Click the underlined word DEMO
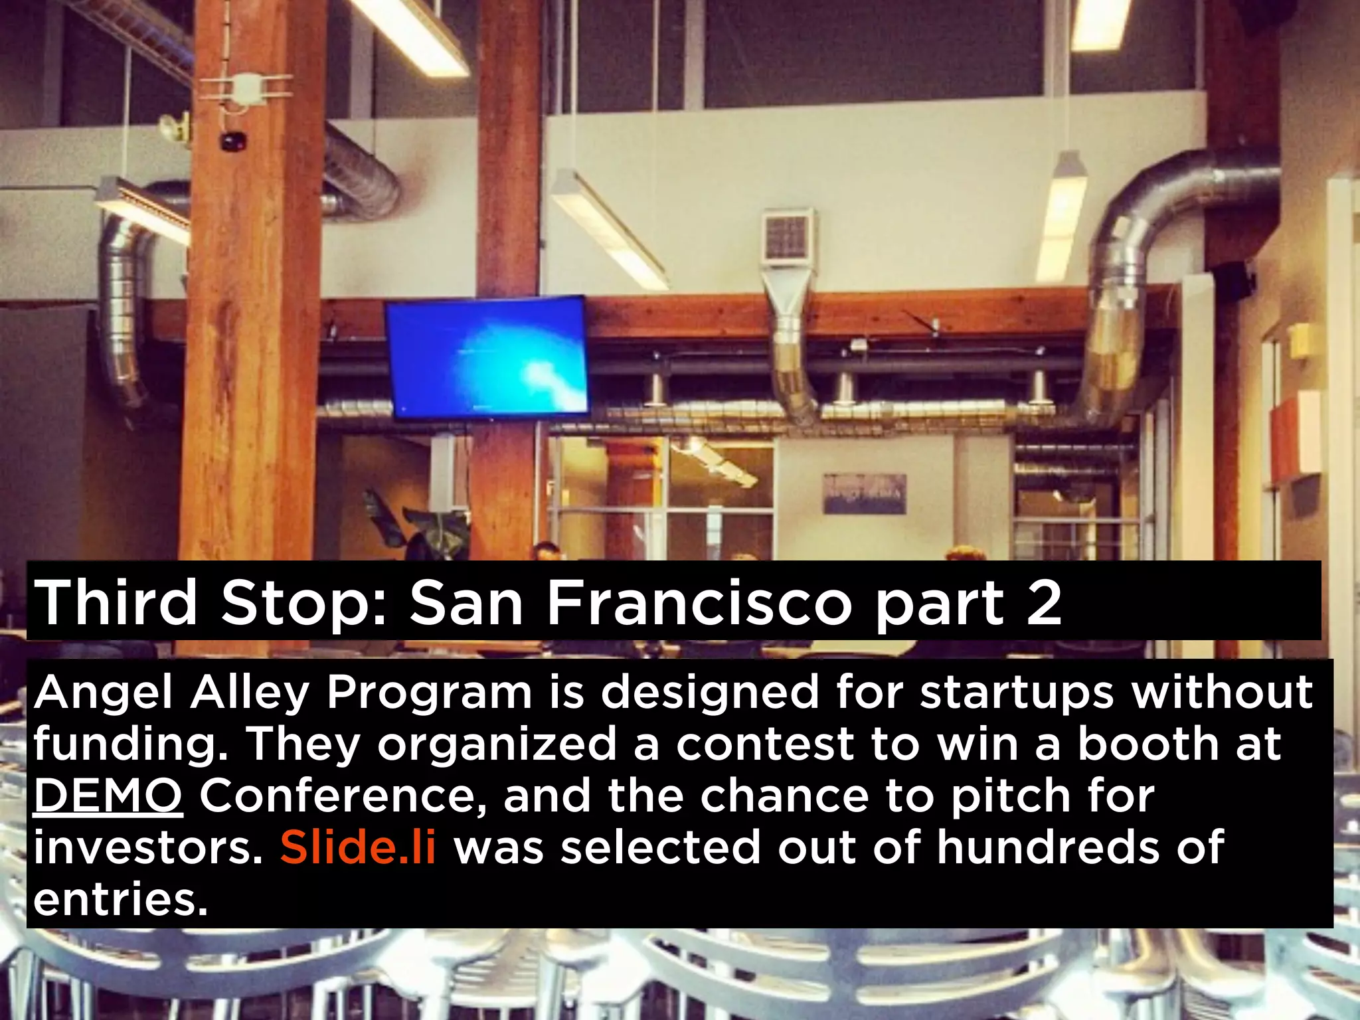(108, 796)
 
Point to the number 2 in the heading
(1044, 603)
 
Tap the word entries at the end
(120, 900)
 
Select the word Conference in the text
(343, 796)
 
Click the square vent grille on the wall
(787, 236)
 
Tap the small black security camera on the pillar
(232, 141)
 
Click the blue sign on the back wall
(865, 493)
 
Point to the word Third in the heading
(116, 603)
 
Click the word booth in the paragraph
(1147, 744)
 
